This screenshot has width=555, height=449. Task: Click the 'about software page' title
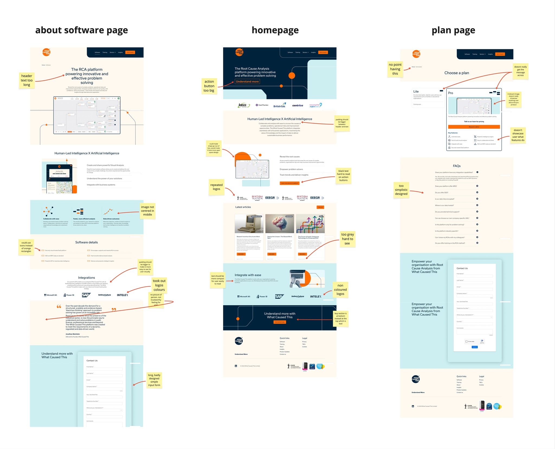coord(81,30)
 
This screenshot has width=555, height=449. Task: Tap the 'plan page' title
coord(453,30)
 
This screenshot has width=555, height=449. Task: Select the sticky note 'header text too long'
coord(27,80)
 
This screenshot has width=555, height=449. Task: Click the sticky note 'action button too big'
coord(209,86)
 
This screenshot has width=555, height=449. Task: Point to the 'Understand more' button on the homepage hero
coord(247,81)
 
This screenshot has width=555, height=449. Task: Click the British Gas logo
coord(279,105)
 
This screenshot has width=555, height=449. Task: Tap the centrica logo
coord(298,106)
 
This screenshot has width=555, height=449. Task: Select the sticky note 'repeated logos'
coord(216,187)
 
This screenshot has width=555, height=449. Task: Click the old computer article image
coord(249,224)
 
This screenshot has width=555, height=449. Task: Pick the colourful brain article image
coord(279,224)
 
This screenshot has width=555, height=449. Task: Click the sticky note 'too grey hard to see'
coord(347,239)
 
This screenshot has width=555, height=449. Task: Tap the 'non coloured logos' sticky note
coord(340,290)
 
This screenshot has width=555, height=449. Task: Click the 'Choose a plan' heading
coord(457,73)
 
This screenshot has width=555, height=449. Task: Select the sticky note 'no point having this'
coord(395,69)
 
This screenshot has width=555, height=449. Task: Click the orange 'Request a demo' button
coord(474,127)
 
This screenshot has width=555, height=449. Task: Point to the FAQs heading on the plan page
coord(457,166)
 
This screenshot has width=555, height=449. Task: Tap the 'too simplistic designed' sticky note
coord(401,190)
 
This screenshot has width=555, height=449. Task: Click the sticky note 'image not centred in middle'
coord(147,211)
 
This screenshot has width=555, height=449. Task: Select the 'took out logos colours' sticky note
coord(159,285)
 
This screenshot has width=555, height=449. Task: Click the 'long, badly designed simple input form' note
coord(154,380)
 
